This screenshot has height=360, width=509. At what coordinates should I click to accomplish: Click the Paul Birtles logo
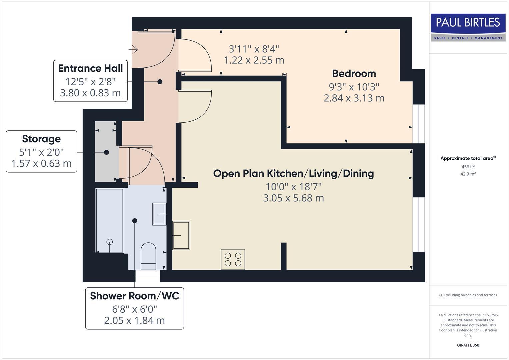click(468, 27)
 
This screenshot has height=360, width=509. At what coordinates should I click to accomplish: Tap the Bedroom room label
click(354, 73)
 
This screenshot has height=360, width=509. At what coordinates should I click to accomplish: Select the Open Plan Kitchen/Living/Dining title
click(293, 173)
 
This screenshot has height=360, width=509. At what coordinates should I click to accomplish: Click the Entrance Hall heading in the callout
click(90, 68)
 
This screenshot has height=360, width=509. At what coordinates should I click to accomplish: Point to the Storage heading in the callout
click(41, 139)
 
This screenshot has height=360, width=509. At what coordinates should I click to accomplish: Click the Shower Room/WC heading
click(134, 296)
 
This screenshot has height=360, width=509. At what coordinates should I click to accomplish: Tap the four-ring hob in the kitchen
click(233, 259)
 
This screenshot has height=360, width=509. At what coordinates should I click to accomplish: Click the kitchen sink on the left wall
click(181, 235)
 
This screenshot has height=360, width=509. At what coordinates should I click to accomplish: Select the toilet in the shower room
click(148, 256)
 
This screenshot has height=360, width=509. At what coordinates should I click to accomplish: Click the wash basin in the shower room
click(159, 214)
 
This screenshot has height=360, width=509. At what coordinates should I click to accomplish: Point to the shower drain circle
click(109, 242)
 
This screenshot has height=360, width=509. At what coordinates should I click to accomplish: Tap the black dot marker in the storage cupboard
click(106, 152)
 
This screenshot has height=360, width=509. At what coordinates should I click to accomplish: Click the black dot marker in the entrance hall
click(160, 82)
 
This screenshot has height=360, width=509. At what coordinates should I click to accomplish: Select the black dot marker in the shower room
click(135, 221)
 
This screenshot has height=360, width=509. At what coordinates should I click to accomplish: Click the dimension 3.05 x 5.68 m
click(293, 198)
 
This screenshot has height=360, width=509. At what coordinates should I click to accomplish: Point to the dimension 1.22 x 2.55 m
click(254, 60)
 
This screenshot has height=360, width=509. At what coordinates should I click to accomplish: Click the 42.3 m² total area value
click(468, 174)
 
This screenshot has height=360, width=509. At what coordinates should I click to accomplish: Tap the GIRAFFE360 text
click(468, 345)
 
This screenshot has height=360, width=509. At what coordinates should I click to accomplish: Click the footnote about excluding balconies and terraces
click(468, 295)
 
